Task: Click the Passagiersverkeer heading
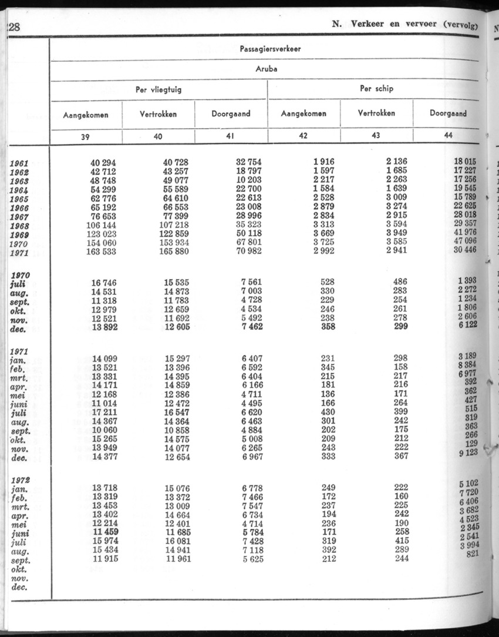tap(270, 49)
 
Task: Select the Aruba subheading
tap(267, 69)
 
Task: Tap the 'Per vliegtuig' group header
tap(159, 90)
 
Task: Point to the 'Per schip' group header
tap(376, 89)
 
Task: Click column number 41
tap(231, 136)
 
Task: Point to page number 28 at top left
tap(13, 26)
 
